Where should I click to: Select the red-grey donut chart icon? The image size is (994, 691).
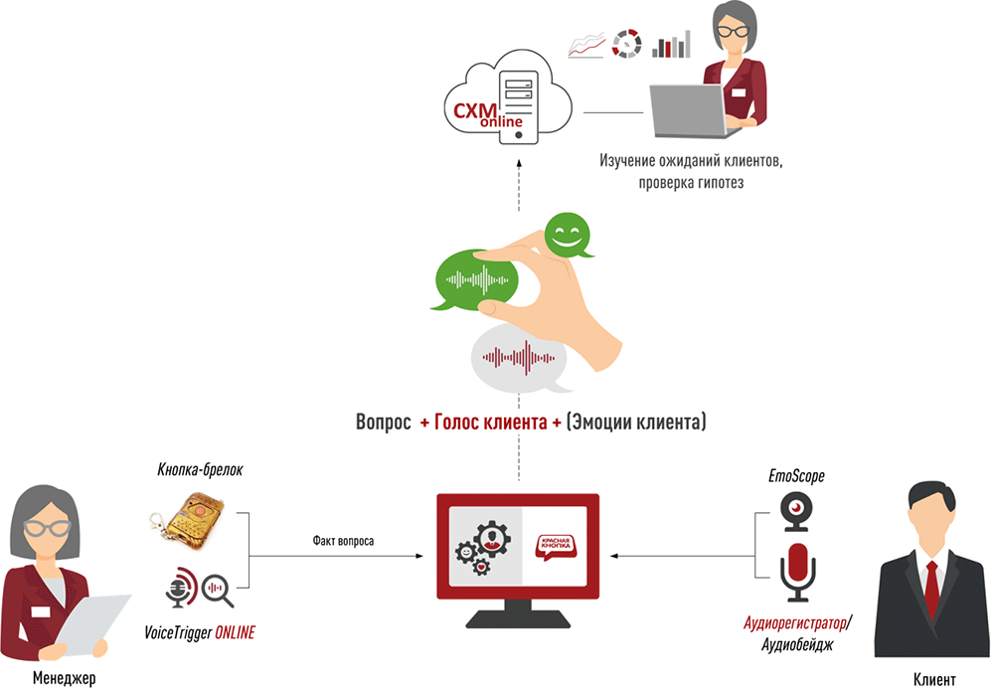click(x=627, y=44)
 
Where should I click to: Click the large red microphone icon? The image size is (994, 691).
click(x=797, y=572)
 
